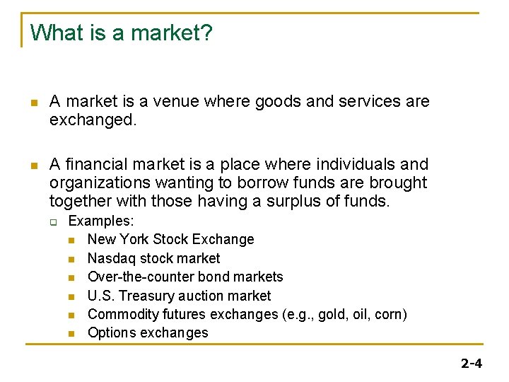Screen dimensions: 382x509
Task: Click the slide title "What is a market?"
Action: (121, 33)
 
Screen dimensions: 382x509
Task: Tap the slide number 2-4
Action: (471, 364)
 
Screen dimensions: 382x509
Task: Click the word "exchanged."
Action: (92, 120)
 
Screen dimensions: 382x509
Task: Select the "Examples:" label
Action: (101, 221)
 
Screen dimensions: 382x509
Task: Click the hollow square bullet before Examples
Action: (53, 221)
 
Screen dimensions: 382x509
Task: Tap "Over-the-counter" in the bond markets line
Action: (134, 277)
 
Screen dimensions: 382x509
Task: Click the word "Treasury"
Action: (149, 296)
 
